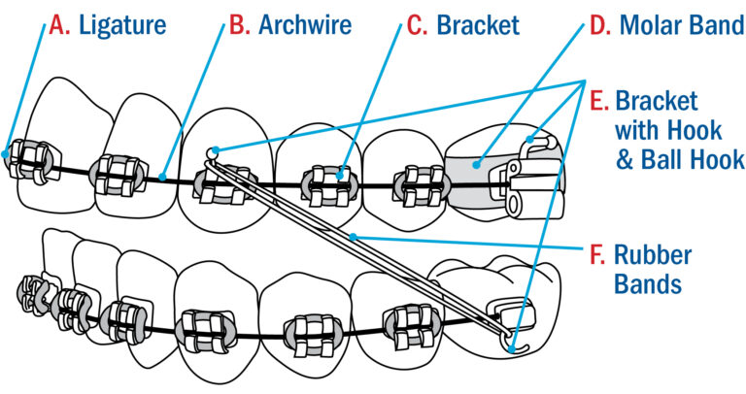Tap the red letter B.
coord(236,23)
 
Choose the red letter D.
coord(599,23)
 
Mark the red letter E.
coord(599,101)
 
